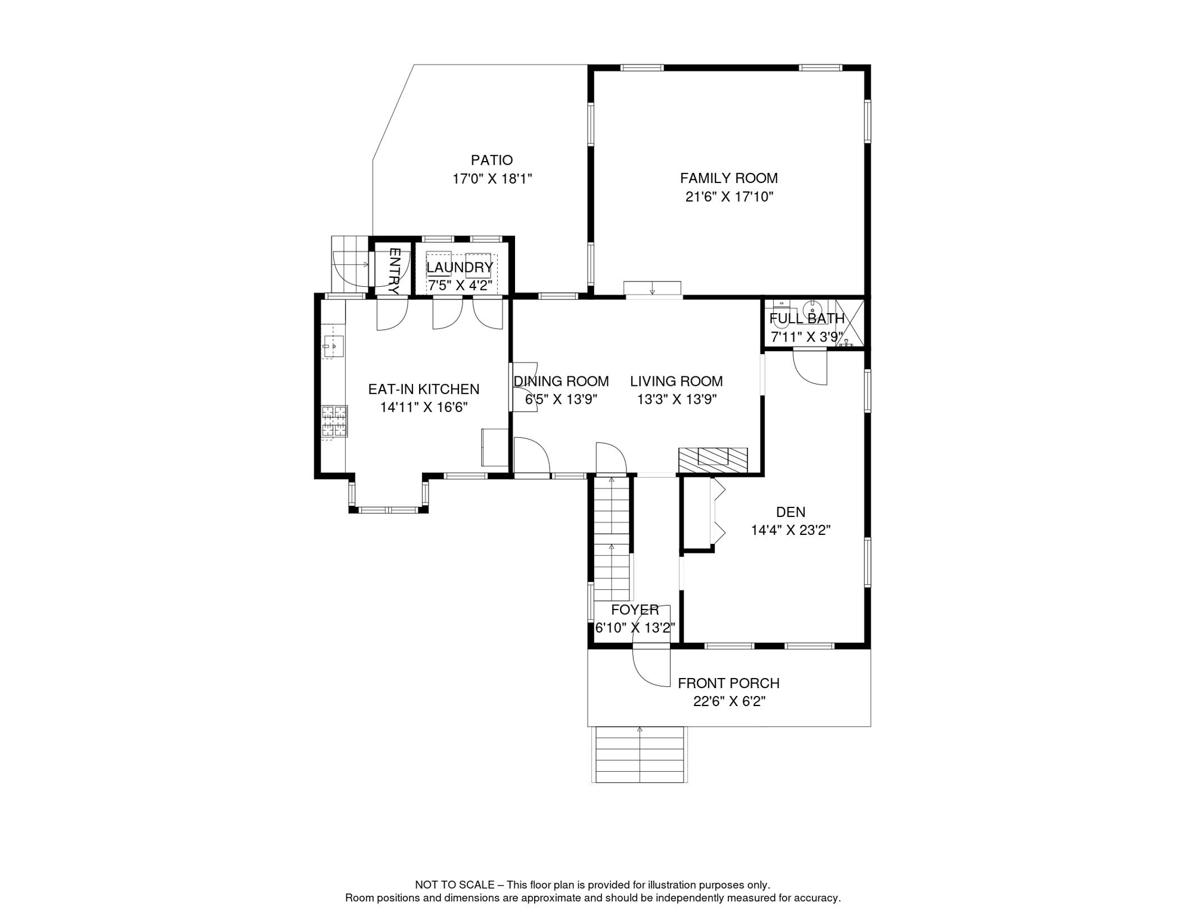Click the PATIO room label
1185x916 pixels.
(x=491, y=160)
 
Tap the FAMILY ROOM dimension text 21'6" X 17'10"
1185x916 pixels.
(x=729, y=196)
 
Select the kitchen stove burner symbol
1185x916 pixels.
(x=334, y=421)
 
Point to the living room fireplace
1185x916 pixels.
(x=713, y=460)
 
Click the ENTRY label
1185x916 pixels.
(x=393, y=271)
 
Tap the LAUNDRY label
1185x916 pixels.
(x=460, y=267)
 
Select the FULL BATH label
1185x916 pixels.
(x=807, y=318)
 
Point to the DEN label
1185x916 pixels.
(x=790, y=512)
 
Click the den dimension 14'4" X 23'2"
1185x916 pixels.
(x=790, y=530)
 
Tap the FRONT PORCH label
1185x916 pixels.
(x=728, y=683)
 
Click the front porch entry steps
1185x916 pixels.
(x=640, y=754)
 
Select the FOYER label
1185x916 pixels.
(x=635, y=609)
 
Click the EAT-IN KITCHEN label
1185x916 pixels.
(x=424, y=389)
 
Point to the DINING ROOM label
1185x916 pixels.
(x=562, y=381)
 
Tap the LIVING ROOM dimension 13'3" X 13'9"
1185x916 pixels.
(x=677, y=400)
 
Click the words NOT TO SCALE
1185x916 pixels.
(x=455, y=885)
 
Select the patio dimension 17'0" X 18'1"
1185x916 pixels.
(x=492, y=178)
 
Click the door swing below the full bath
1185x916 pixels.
(x=809, y=367)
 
